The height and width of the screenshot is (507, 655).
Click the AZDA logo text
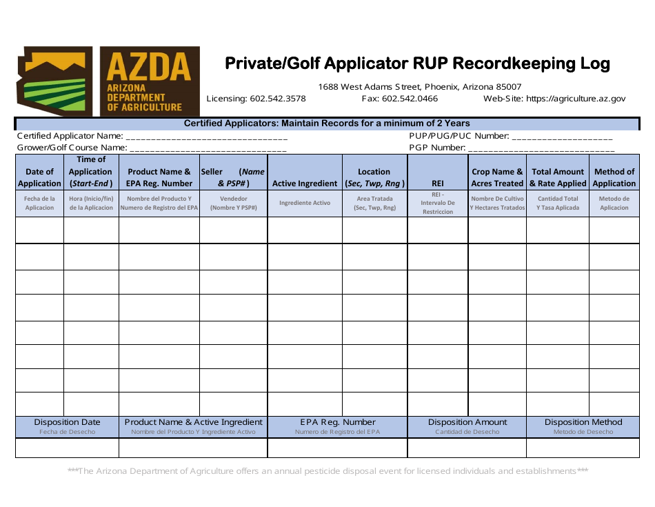149,67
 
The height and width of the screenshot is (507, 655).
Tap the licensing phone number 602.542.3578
276,99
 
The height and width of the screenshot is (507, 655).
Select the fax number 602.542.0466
410,99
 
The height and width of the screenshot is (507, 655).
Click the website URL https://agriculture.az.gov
576,99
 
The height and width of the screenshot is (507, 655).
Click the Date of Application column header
39,177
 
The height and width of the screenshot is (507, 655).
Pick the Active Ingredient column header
305,183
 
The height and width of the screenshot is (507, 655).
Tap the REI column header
437,183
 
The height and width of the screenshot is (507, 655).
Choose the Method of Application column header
614,177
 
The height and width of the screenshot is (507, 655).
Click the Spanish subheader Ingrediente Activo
305,203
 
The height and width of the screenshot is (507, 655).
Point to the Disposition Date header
67,422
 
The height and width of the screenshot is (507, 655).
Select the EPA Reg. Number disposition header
338,422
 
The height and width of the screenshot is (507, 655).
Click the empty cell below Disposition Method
583,448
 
